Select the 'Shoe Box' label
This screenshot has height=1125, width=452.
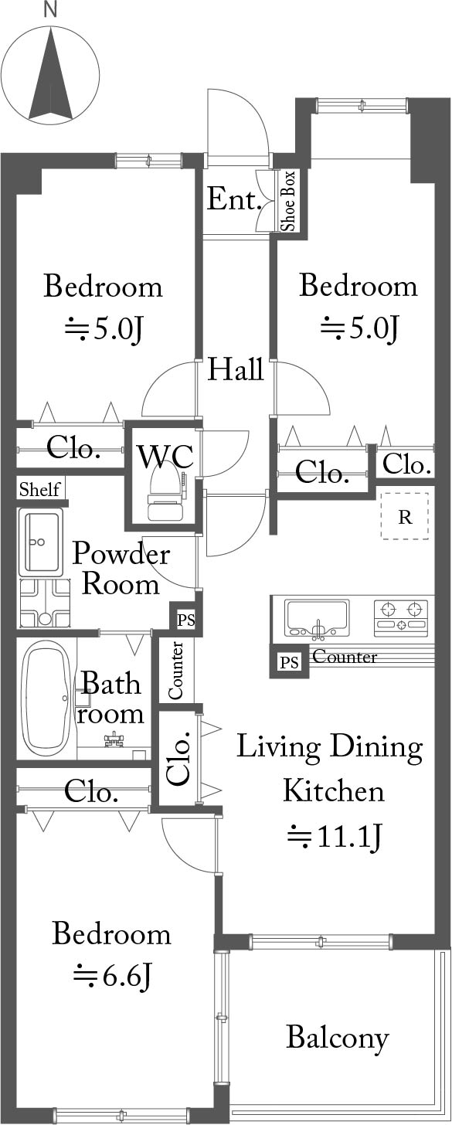289,201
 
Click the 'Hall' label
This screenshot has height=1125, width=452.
236,369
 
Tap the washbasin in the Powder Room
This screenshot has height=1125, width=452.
41,542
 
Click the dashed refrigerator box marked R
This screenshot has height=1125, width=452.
405,516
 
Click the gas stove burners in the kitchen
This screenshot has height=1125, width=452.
401,617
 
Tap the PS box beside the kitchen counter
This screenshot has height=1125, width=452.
289,662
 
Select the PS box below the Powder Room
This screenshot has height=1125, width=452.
185,620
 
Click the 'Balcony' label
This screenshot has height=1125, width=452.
338,1038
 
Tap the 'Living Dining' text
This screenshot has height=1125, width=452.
329,748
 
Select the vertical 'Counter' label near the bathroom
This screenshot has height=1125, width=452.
176,670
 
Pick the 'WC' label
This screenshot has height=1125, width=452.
165,457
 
